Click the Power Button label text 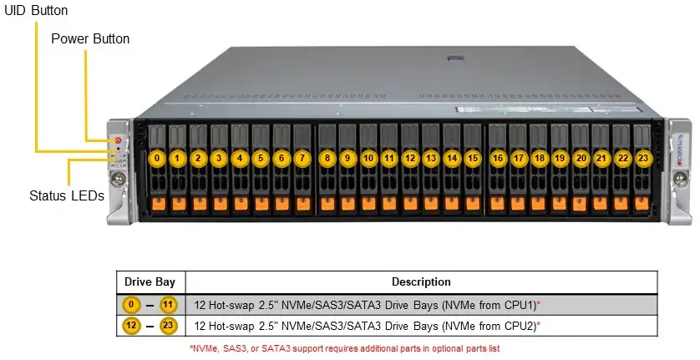[x=90, y=39]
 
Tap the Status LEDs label [x=66, y=196]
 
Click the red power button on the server [x=119, y=141]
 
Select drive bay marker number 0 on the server [x=156, y=157]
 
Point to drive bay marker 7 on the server [x=302, y=157]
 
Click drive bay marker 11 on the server [x=388, y=157]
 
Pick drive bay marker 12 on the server [x=409, y=157]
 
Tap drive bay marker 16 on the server [x=498, y=157]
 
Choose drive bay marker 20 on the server [x=581, y=157]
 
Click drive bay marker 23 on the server [x=642, y=157]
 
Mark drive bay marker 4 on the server [x=240, y=157]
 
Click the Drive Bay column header [x=150, y=281]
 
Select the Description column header [x=422, y=281]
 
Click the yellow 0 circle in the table [x=131, y=304]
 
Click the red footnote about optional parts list [x=344, y=347]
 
